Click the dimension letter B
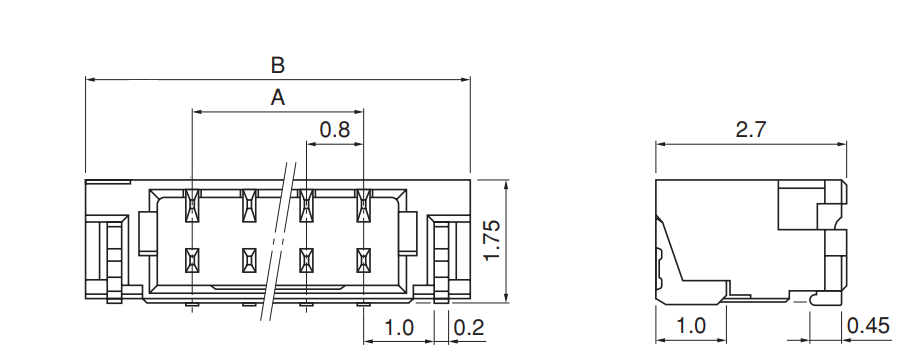(278, 65)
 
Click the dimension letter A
(278, 98)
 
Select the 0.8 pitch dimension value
(335, 129)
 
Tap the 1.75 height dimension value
(493, 241)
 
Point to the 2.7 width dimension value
(751, 129)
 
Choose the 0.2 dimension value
(469, 327)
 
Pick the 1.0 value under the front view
(399, 327)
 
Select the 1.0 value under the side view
(691, 326)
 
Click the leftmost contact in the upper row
(192, 206)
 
